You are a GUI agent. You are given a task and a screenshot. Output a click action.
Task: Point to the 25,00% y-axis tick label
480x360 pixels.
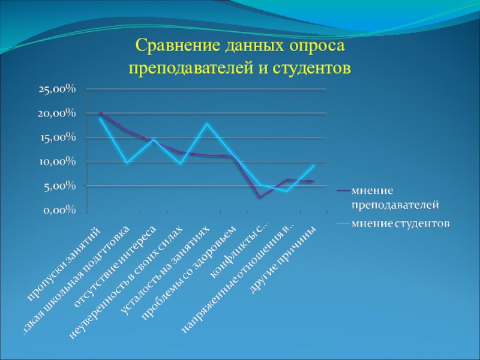57,89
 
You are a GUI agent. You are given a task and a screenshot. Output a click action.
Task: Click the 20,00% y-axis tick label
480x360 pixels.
57,113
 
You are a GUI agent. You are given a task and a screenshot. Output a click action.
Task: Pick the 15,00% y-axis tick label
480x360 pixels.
57,137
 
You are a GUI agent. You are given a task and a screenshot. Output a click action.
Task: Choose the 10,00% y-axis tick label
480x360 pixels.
57,161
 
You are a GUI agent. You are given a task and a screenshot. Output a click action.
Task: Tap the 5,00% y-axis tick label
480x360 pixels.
59,186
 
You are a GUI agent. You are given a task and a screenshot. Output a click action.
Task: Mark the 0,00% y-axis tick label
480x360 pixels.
59,210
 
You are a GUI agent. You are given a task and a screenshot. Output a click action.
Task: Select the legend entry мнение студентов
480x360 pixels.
400,224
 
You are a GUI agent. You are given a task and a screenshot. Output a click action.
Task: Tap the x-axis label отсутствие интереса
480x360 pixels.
115,266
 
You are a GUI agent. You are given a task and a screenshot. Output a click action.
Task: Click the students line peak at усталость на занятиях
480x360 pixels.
206,124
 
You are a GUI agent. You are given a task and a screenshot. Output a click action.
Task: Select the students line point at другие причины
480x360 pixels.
313,166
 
